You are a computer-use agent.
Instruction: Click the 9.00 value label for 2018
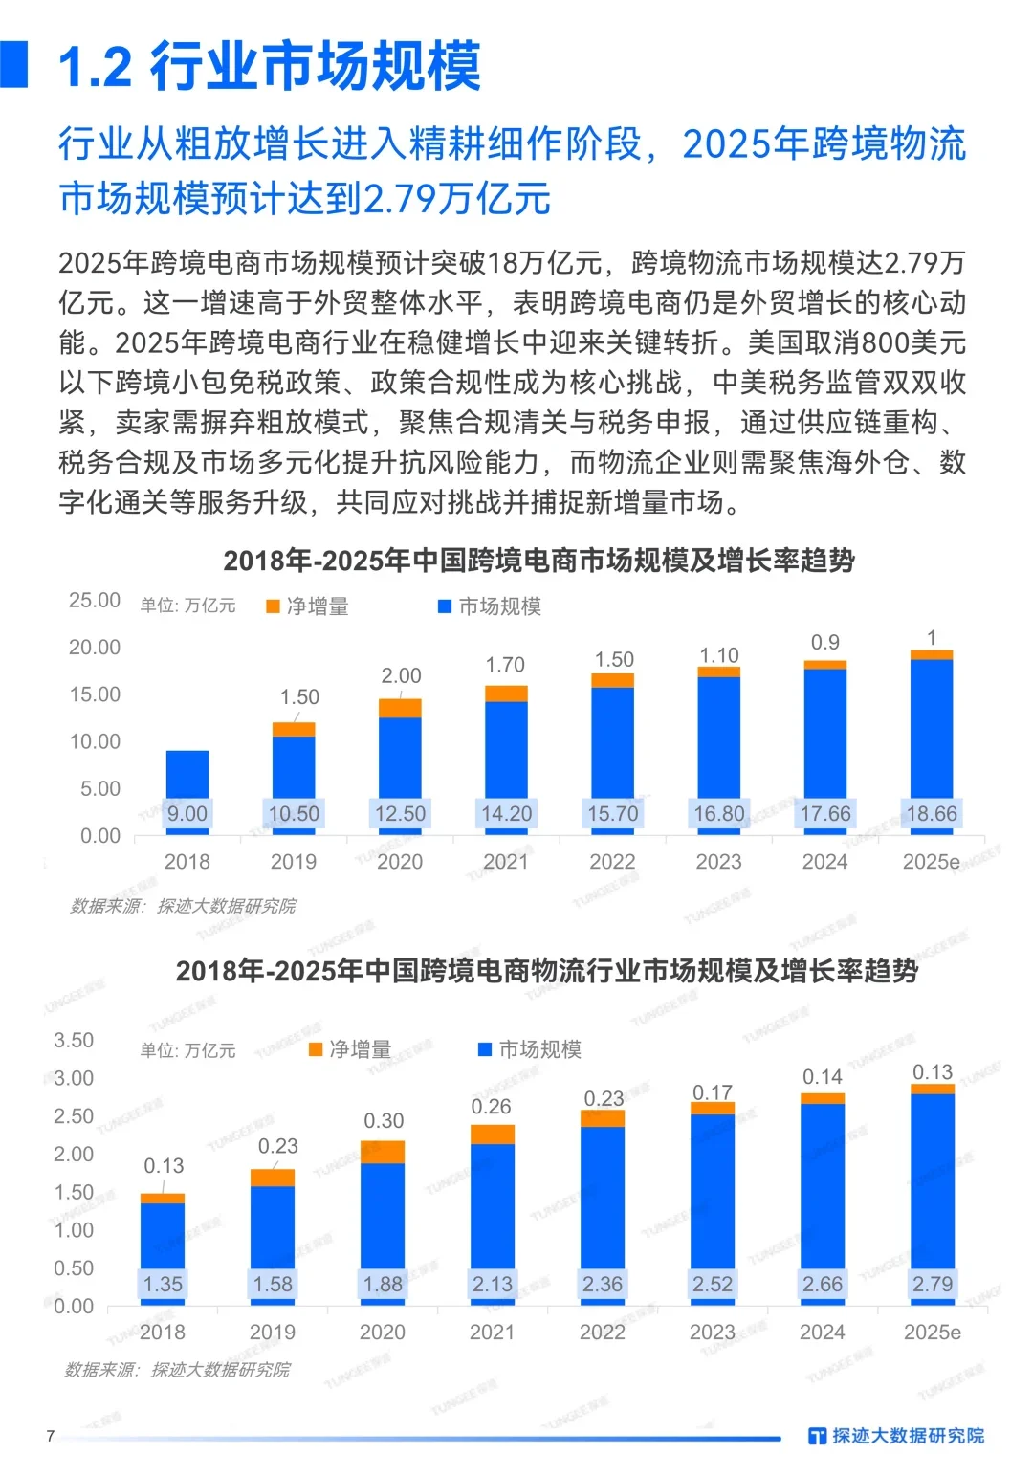coord(187,813)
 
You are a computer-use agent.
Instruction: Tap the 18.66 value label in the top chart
coord(932,813)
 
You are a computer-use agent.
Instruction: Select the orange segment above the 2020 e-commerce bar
coord(400,708)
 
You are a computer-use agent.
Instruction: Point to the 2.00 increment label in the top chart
coord(401,675)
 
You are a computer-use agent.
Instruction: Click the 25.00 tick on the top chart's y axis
coord(95,600)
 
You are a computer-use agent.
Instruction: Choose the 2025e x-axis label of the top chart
coord(931,862)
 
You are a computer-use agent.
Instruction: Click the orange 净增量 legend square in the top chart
coord(273,606)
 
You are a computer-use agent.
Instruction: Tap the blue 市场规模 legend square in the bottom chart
coord(485,1049)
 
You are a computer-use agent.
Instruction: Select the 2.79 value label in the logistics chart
coord(932,1284)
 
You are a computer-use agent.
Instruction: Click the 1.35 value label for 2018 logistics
coord(163,1284)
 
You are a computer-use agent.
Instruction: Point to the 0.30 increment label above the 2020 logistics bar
coord(384,1120)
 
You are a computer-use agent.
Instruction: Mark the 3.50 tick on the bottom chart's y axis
coord(74,1040)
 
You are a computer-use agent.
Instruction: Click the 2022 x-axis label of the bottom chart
coord(603,1332)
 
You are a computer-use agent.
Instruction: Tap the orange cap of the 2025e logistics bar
coord(933,1089)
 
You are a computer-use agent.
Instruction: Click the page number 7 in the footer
coord(51,1436)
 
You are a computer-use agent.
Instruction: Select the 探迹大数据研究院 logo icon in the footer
coord(817,1436)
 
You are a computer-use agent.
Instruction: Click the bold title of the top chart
coord(538,561)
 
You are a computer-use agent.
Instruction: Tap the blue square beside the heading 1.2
coord(14,65)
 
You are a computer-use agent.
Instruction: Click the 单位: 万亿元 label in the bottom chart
coord(187,1050)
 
